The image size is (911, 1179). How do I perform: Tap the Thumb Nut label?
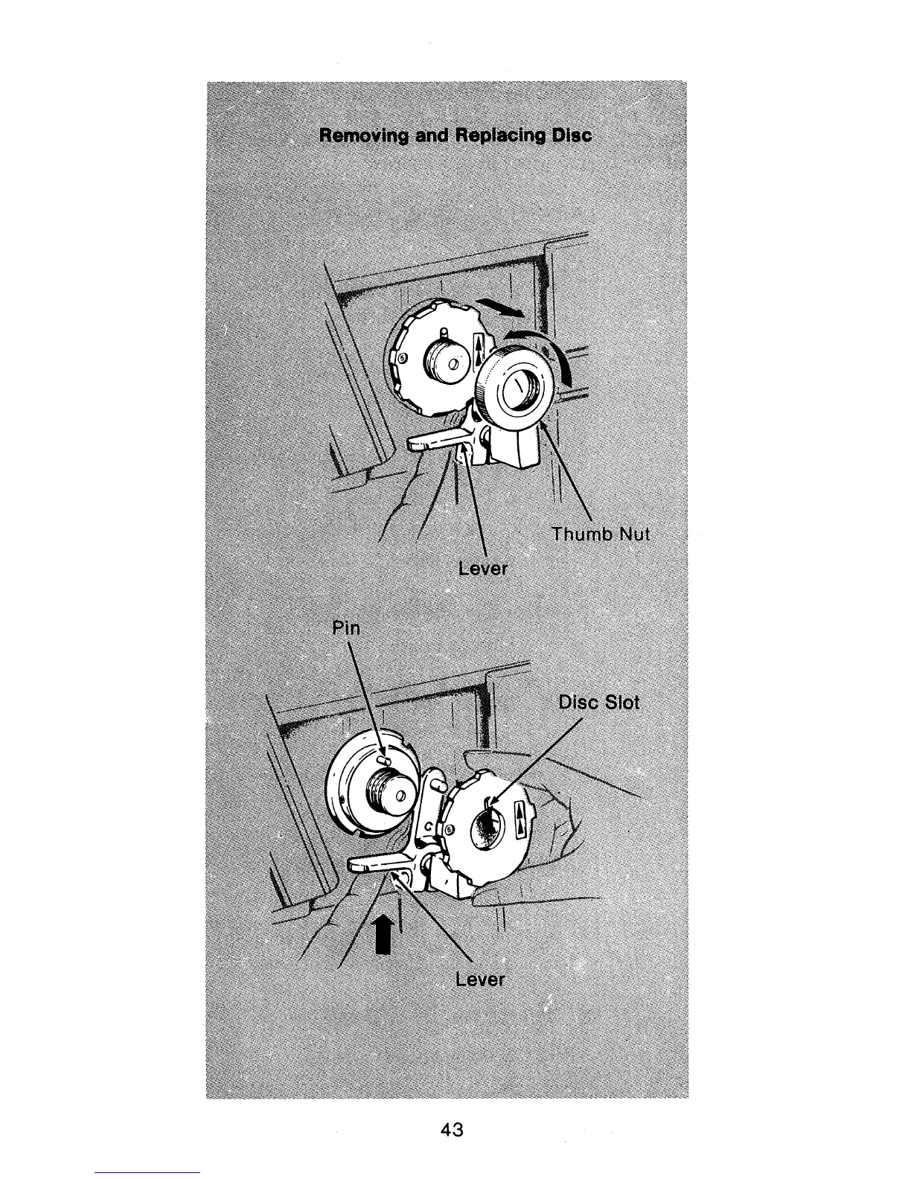[x=601, y=534]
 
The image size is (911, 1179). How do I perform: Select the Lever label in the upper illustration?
[x=482, y=569]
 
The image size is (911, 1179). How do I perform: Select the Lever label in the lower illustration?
[x=480, y=980]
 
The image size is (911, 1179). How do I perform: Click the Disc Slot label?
[x=599, y=703]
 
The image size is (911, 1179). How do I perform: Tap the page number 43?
[x=452, y=1130]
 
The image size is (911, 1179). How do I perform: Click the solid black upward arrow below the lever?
[x=383, y=933]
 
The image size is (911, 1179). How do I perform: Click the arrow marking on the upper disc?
[x=479, y=348]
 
